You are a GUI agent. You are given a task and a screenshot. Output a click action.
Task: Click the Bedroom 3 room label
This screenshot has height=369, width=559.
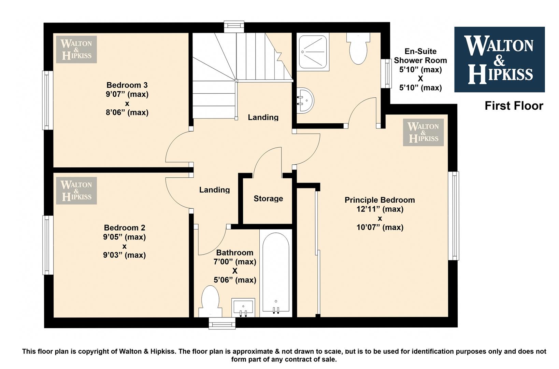coord(127,85)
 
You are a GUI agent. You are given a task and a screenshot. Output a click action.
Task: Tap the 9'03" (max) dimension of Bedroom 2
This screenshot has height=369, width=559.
coord(124,255)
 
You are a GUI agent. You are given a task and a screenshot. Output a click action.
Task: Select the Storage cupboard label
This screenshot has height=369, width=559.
coord(268,199)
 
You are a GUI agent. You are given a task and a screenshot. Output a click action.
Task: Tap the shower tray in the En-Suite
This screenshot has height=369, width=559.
coord(313,52)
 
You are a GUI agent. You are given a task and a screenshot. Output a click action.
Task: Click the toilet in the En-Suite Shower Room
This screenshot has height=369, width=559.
coord(358,49)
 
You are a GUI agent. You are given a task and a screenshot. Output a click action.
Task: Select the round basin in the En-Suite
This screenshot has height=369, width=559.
coord(305,100)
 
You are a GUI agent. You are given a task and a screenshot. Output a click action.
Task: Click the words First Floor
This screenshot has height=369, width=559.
coord(514,106)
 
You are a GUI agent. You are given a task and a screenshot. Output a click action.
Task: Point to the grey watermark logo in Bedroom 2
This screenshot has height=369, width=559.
coord(76,191)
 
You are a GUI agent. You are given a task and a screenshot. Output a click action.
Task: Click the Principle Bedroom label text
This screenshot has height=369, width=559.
coord(379,200)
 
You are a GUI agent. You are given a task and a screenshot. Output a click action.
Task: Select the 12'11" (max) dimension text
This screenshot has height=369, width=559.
coord(380,209)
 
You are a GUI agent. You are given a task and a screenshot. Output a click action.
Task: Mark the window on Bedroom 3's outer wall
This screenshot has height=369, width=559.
coord(47,100)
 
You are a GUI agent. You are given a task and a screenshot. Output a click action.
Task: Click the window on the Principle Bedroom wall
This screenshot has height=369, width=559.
coord(454,216)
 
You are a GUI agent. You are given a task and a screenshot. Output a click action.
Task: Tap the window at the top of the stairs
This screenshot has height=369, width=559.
coord(234,27)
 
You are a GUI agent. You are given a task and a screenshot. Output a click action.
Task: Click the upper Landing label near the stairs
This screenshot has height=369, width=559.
coord(263,117)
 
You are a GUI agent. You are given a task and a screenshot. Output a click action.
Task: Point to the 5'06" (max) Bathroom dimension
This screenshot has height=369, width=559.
coord(235,280)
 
